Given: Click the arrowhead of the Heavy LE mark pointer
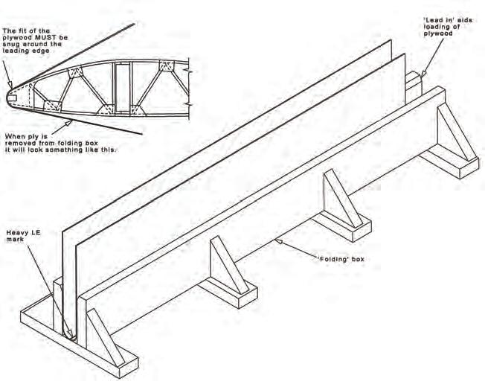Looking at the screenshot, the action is click(69, 336).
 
